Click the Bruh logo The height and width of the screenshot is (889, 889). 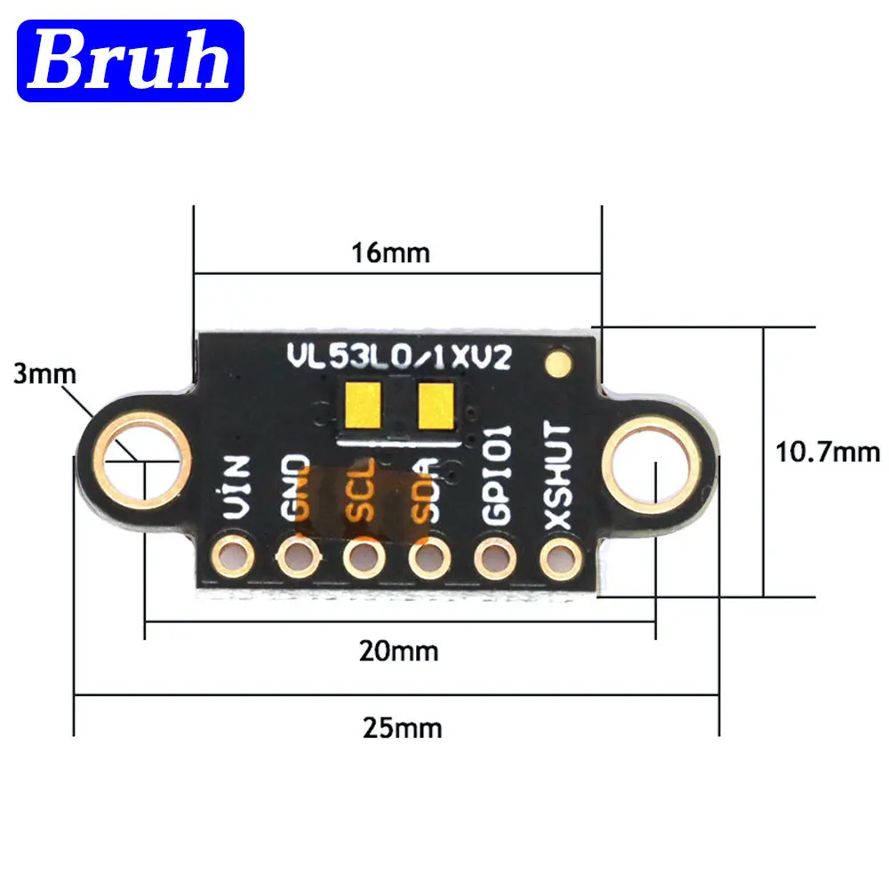[131, 60]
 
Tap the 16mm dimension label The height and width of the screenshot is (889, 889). [390, 252]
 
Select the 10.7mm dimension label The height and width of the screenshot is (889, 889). [827, 453]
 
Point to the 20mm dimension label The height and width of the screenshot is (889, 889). [398, 652]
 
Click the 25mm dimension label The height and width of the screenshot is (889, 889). [402, 728]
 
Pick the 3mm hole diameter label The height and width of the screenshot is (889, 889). [44, 373]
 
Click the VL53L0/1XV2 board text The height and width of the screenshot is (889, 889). [398, 357]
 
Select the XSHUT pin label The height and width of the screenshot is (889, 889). [557, 475]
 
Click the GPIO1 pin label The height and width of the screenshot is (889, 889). [497, 475]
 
